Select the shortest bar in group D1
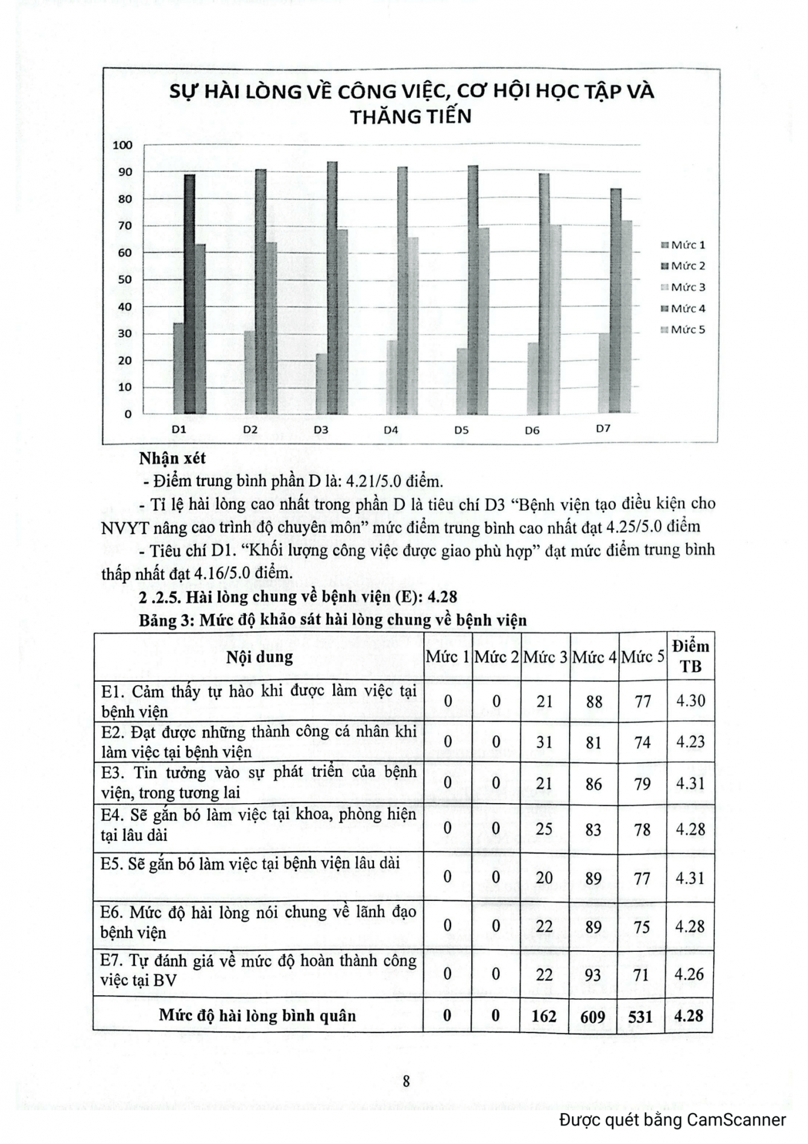(179, 368)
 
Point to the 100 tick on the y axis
(123, 145)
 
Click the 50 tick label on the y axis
(125, 280)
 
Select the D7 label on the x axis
(603, 428)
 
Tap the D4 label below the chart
(391, 430)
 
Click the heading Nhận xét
(172, 458)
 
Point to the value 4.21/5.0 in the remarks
(372, 482)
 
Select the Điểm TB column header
(691, 656)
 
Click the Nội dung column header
(259, 657)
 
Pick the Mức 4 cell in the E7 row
(594, 975)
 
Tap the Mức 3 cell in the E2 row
(544, 742)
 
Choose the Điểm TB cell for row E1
(691, 701)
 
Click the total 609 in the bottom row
(594, 1016)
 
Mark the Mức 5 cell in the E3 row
(643, 784)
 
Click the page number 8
(406, 1081)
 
